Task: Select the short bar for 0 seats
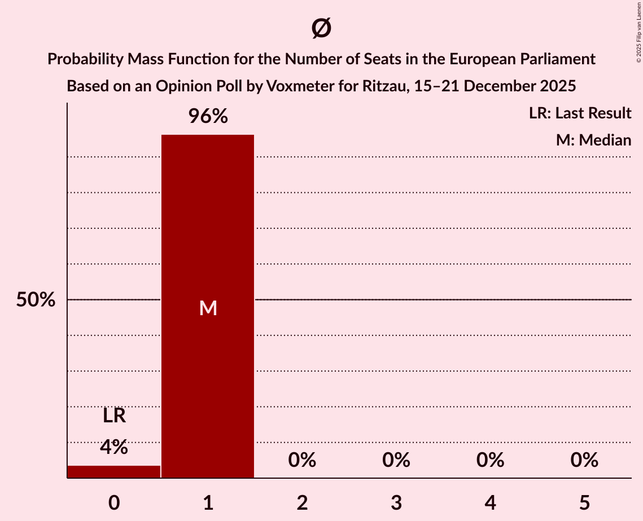113,471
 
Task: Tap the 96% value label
208,117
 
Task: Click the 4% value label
113,447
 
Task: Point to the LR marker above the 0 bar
113,416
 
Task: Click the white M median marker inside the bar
208,308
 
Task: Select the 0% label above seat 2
302,460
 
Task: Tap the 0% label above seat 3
396,460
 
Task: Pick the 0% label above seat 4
490,460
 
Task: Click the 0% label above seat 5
584,460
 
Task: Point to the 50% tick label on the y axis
36,300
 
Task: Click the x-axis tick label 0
113,502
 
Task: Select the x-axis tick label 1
208,502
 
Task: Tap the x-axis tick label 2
302,502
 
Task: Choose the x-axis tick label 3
396,502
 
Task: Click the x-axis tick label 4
490,502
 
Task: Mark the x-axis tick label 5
584,502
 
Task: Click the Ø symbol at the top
321,28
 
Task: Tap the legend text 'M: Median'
593,140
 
